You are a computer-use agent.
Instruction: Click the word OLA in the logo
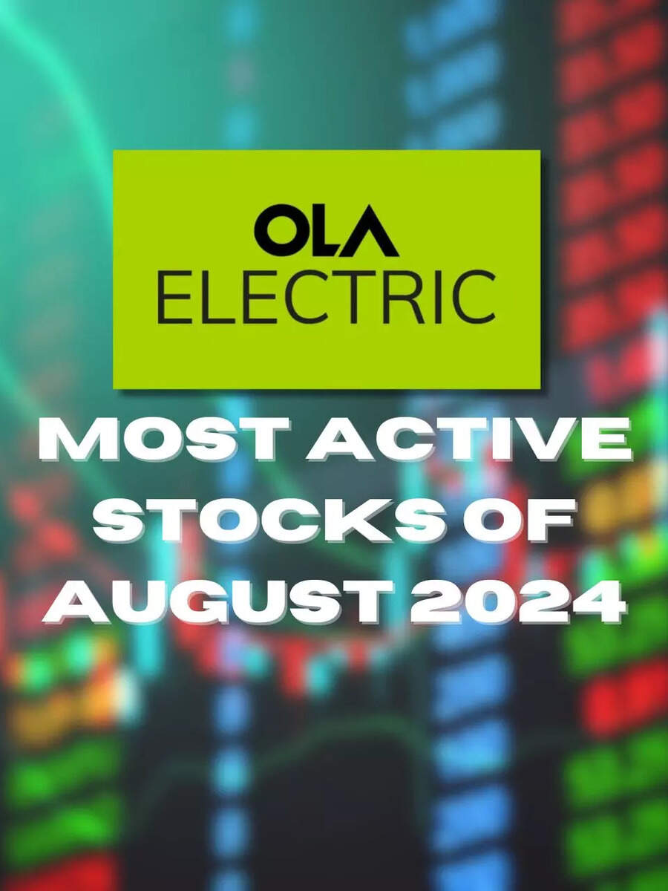327,231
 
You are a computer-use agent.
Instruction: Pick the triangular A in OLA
372,232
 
